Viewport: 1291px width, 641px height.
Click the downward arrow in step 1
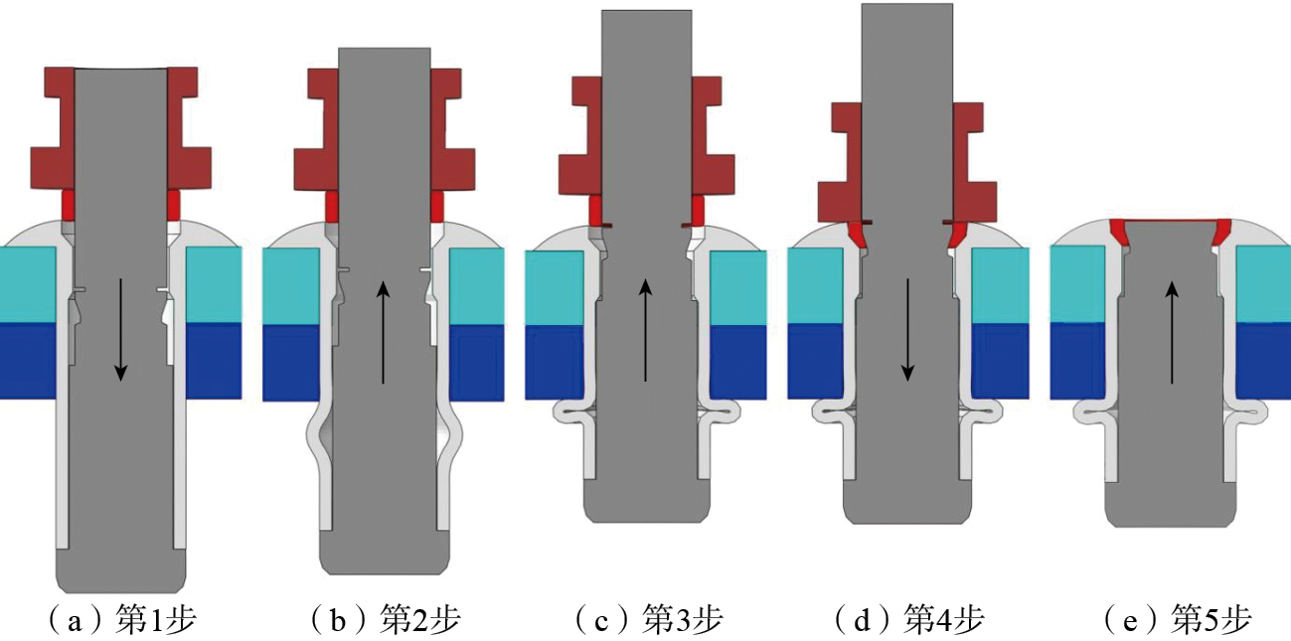pyautogui.click(x=120, y=329)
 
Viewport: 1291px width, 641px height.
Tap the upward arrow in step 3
pyautogui.click(x=646, y=331)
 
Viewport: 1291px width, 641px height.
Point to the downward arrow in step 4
pyautogui.click(x=907, y=329)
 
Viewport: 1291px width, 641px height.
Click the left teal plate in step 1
pyautogui.click(x=28, y=284)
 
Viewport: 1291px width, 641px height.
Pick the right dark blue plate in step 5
pyautogui.click(x=1262, y=360)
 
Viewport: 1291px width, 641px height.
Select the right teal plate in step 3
pyautogui.click(x=737, y=287)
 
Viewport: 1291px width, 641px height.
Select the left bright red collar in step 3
pyautogui.click(x=595, y=210)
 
